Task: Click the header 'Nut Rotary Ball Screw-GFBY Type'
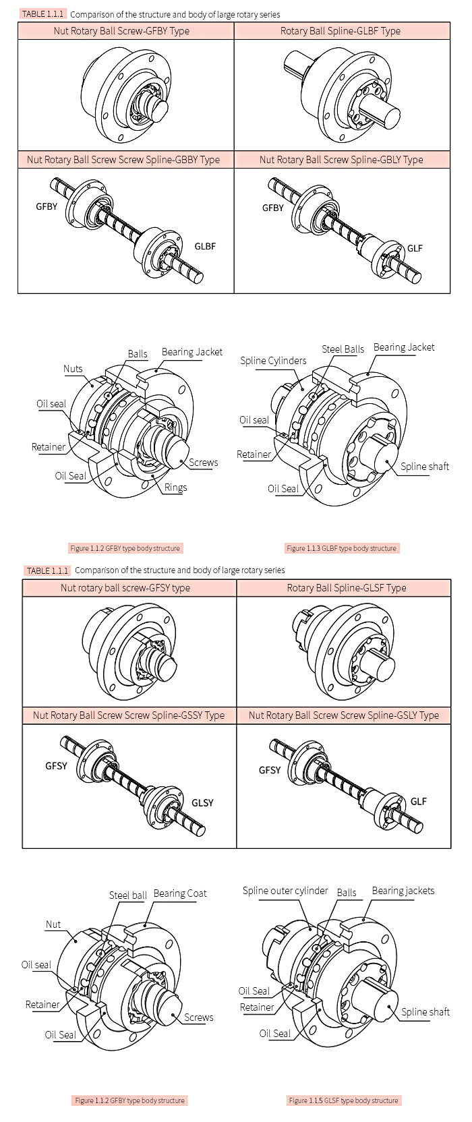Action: (x=121, y=31)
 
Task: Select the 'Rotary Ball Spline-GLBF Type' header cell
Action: (x=341, y=31)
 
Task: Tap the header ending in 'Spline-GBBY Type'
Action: (x=123, y=160)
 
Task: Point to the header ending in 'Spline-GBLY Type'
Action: (x=341, y=160)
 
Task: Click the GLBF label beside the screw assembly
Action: (x=205, y=247)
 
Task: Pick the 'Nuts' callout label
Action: (x=73, y=369)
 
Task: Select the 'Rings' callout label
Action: (x=175, y=488)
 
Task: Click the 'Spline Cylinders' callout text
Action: (x=273, y=361)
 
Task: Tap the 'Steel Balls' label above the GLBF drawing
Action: (x=343, y=349)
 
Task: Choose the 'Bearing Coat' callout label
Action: (x=180, y=893)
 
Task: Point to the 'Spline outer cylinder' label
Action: (x=285, y=891)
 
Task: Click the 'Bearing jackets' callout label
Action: (x=403, y=891)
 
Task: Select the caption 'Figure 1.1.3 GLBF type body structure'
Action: (x=341, y=548)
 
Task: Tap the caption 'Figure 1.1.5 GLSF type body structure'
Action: (x=343, y=1100)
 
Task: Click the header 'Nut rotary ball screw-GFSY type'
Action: (x=125, y=588)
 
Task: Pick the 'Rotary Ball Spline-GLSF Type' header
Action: (x=347, y=588)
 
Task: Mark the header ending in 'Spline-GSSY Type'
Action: (x=129, y=715)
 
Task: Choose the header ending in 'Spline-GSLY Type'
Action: (x=344, y=715)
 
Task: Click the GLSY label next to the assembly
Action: (x=202, y=803)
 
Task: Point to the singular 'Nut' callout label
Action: (x=53, y=924)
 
